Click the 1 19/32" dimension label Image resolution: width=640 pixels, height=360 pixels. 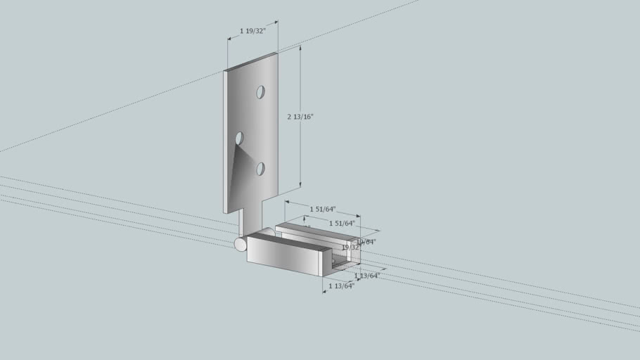click(252, 30)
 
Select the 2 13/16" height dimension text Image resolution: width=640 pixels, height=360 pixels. click(300, 117)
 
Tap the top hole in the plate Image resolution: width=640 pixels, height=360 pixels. click(260, 92)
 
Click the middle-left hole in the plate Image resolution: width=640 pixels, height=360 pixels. click(239, 138)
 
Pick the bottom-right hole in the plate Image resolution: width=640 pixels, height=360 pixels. click(260, 169)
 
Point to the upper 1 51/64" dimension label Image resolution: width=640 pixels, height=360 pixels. click(323, 209)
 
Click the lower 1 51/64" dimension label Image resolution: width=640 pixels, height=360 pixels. click(342, 223)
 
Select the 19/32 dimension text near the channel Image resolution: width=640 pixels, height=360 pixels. click(350, 247)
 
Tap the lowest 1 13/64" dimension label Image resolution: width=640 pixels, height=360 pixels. click(341, 286)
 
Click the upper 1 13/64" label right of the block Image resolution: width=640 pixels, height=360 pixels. click(366, 276)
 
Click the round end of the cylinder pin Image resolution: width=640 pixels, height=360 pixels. click(241, 244)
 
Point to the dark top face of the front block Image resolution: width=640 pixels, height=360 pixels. click(288, 243)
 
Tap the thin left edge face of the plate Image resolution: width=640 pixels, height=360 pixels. click(226, 141)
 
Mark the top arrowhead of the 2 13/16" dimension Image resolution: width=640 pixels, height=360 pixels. click(300, 49)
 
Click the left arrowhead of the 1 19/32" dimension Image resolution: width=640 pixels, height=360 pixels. click(230, 39)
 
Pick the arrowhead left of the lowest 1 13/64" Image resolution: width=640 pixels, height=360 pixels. click(324, 289)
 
